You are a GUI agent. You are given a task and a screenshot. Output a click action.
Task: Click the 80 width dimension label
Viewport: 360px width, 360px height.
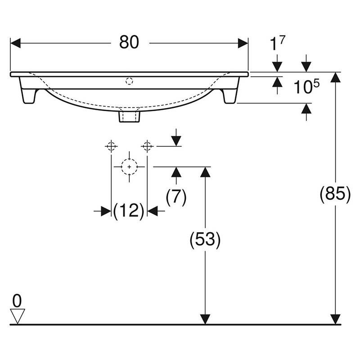tap(129, 42)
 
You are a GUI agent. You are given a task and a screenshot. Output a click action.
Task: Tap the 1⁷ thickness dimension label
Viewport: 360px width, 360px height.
tap(277, 43)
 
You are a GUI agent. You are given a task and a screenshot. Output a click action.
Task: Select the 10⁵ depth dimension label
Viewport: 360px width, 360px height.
tap(306, 86)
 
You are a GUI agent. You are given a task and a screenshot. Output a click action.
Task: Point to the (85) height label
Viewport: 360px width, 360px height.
tap(335, 194)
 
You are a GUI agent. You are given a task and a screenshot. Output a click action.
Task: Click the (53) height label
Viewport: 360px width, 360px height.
tap(205, 240)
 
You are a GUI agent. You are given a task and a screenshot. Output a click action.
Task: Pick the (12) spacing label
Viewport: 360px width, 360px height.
tap(129, 210)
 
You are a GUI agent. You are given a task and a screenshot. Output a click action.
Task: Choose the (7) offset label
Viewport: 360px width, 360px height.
tap(176, 197)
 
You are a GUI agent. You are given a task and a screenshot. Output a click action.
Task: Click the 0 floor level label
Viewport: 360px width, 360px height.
tap(17, 301)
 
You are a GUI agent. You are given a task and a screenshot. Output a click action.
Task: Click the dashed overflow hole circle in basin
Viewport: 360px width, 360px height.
tap(129, 81)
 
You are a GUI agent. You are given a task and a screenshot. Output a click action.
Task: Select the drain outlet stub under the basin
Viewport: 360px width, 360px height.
tap(129, 117)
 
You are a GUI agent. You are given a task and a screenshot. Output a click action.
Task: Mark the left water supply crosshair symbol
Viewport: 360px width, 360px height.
tap(111, 146)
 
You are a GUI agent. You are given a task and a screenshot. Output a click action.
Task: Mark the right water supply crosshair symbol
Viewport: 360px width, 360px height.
tap(147, 146)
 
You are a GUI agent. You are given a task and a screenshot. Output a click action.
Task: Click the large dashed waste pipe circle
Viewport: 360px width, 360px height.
tap(129, 167)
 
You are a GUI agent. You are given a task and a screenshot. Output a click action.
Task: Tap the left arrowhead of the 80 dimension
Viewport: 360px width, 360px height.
tap(16, 43)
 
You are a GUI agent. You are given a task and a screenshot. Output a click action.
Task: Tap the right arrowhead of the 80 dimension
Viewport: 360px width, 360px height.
tap(243, 43)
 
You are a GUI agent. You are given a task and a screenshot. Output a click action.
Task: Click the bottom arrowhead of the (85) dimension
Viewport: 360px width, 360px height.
tap(335, 319)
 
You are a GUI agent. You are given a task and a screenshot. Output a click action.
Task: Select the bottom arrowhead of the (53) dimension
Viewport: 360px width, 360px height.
tap(205, 319)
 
